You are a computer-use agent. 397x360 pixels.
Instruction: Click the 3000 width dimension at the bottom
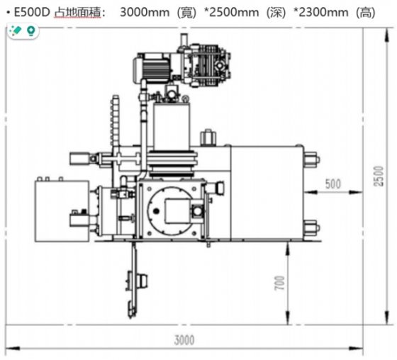(184, 340)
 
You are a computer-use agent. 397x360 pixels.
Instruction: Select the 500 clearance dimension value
(332, 184)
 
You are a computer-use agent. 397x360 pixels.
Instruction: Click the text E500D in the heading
(28, 12)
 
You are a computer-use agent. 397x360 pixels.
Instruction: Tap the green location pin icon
(30, 31)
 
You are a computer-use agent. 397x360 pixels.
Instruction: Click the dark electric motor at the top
(152, 67)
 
